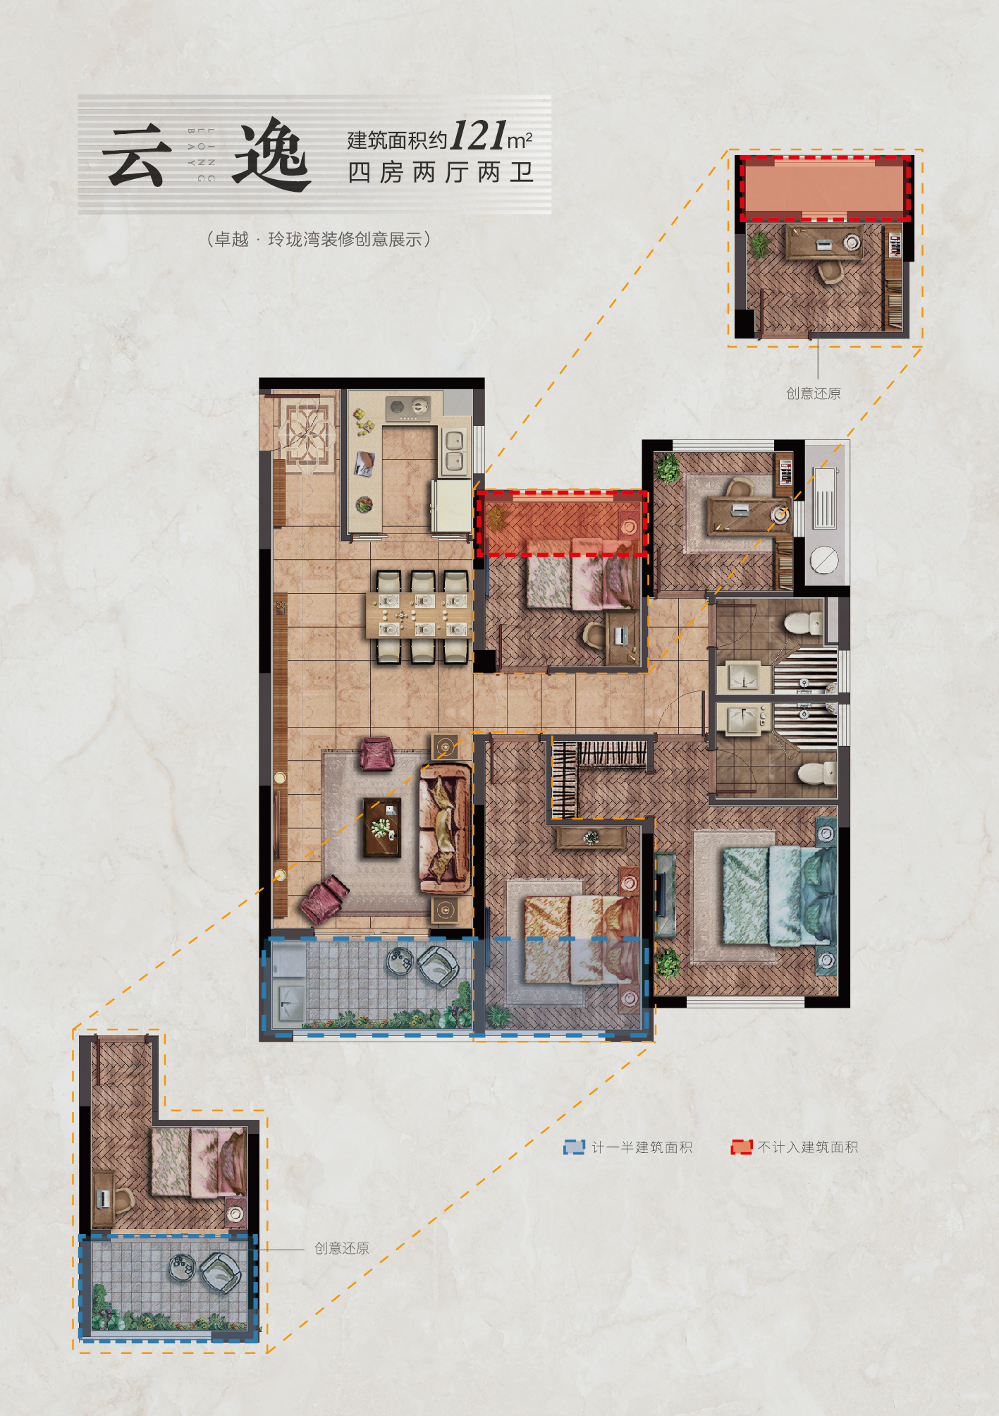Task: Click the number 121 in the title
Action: tap(479, 135)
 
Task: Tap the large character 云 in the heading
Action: tap(137, 156)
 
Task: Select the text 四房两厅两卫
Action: tap(441, 172)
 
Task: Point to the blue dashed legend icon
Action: tap(574, 1147)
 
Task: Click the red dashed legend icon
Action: tap(742, 1147)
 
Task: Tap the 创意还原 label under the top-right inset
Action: tap(814, 393)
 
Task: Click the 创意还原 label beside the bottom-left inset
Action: tap(342, 1248)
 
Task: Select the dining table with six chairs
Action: tap(417, 616)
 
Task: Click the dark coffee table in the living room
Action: tap(381, 827)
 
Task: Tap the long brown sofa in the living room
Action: tap(446, 828)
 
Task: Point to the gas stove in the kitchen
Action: tap(408, 407)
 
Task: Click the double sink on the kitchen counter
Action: tap(455, 451)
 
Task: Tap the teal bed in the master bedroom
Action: tap(779, 896)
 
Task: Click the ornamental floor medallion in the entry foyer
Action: tap(307, 431)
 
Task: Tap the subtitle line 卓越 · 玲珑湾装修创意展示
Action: tap(319, 240)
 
